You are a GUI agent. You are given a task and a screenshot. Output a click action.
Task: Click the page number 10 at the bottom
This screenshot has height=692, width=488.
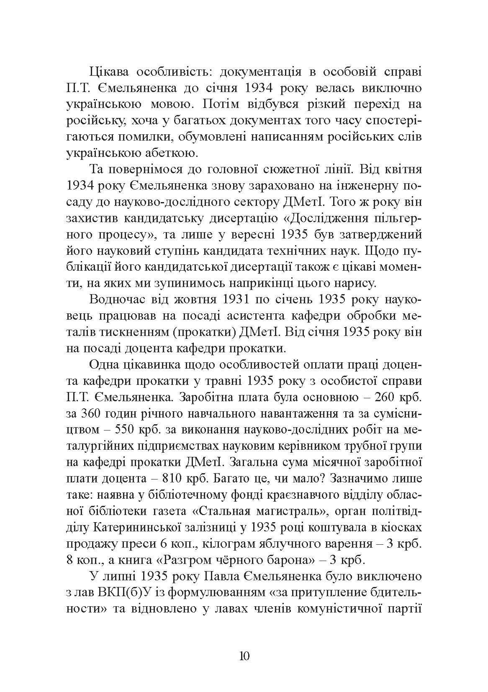click(x=244, y=655)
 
